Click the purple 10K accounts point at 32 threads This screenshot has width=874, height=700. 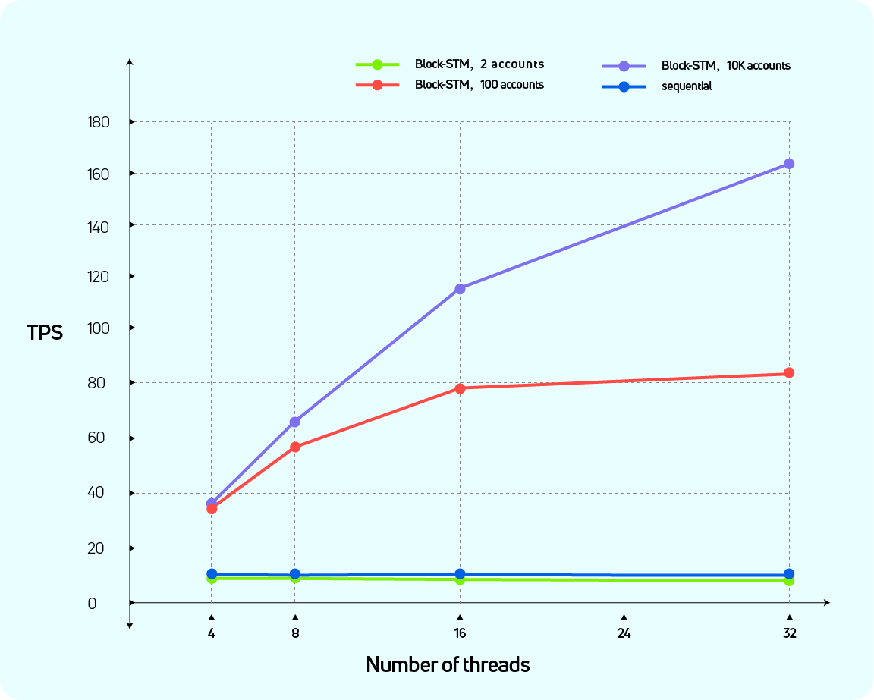point(789,164)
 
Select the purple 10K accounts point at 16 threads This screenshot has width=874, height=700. point(460,289)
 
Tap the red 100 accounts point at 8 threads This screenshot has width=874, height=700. point(295,447)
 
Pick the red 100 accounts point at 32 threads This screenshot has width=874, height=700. point(789,373)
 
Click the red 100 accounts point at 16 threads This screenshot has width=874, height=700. point(460,388)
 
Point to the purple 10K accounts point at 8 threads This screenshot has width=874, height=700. point(295,422)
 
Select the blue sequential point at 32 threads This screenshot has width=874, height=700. point(789,574)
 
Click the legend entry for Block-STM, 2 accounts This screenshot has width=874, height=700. point(479,64)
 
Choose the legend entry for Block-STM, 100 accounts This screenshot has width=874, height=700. point(479,85)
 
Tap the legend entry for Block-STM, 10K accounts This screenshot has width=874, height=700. point(725,66)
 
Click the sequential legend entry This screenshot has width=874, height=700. point(687,86)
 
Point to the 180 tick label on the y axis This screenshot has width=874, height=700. point(99,122)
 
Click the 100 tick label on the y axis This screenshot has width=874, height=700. point(99,328)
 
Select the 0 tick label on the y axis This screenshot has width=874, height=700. point(92,604)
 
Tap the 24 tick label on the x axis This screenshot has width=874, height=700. point(624,633)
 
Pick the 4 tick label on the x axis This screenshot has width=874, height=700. point(211,633)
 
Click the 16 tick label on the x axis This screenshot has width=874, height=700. point(460,633)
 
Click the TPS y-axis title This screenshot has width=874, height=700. point(46,333)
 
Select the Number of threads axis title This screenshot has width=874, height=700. point(448,665)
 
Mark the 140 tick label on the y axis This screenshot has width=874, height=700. point(99,226)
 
